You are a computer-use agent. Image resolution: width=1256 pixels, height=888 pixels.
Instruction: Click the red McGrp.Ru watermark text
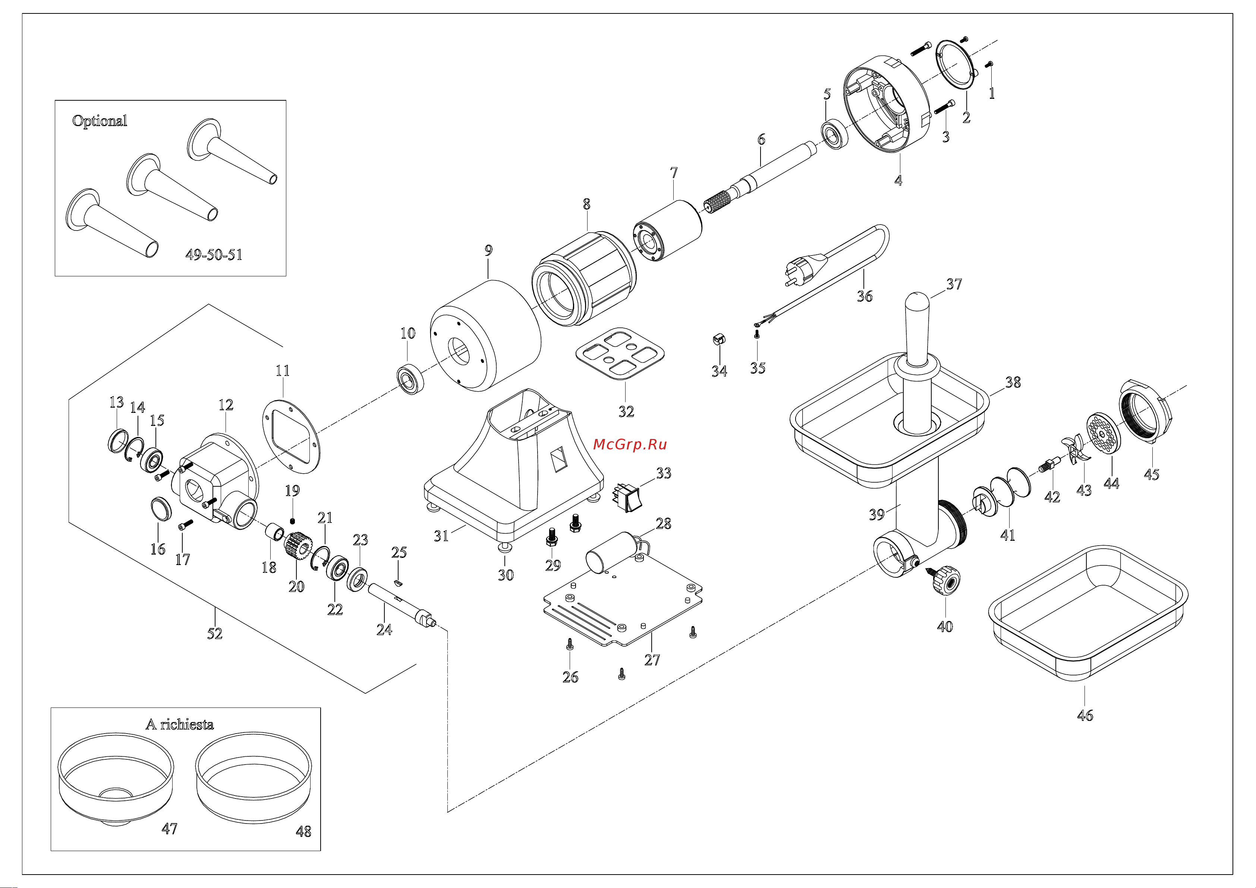point(630,444)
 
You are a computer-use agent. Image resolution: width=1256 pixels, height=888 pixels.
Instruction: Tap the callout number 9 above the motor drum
point(488,250)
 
